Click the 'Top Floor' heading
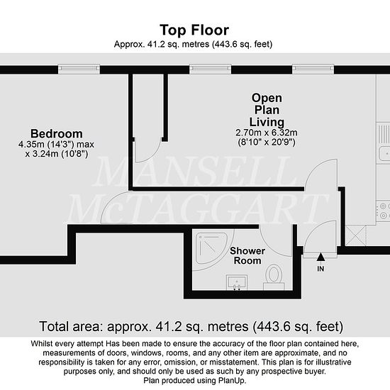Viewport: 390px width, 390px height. tap(194, 30)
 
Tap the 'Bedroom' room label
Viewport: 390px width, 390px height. tap(57, 133)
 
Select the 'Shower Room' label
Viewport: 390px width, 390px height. tap(247, 256)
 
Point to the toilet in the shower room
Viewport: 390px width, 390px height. tap(274, 277)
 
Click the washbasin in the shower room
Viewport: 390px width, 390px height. tap(237, 282)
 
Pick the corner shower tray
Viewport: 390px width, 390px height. tap(211, 248)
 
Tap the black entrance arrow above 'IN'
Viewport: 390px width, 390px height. tap(321, 257)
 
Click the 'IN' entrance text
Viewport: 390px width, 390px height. tap(321, 269)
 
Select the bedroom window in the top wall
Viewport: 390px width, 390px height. tap(79, 69)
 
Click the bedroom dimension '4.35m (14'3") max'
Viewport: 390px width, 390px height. tap(56, 144)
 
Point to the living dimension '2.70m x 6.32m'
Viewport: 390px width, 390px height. tap(267, 133)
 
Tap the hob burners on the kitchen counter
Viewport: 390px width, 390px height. tap(384, 211)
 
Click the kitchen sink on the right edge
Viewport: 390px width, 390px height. tap(384, 153)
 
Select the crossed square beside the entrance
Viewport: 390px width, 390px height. tap(356, 235)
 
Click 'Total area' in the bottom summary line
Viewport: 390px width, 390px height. tap(71, 326)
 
